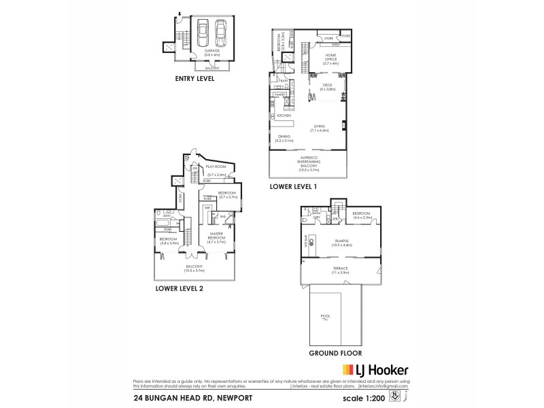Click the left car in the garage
203,31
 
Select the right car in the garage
220,31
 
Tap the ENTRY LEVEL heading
194,79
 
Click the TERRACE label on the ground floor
340,269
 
